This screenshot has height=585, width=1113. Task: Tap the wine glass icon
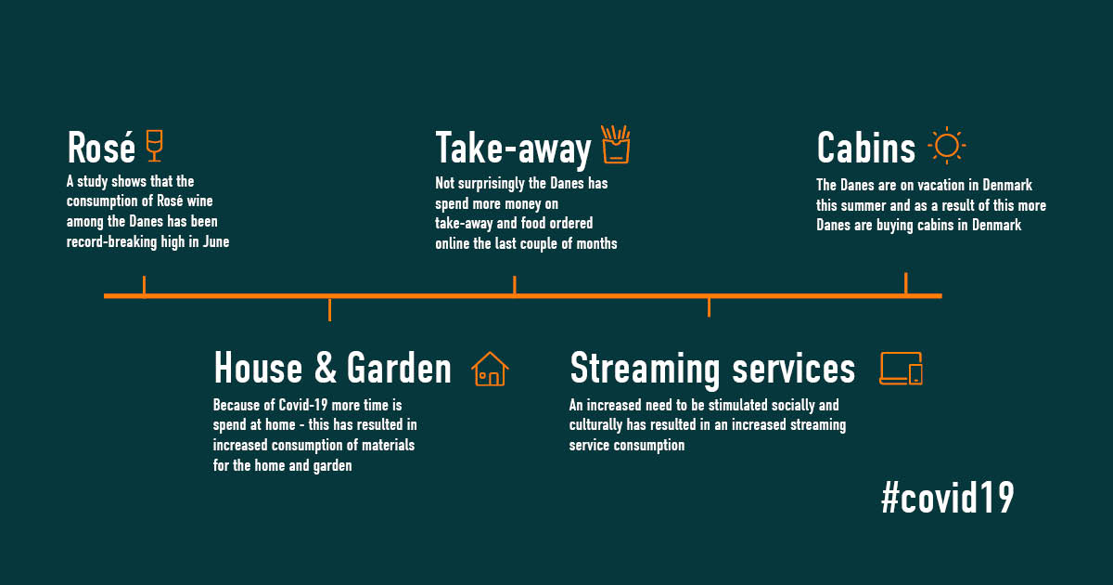point(154,146)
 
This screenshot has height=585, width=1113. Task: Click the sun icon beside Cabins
point(946,146)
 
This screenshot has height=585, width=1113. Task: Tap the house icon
point(490,369)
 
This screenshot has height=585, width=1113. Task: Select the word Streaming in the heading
point(645,369)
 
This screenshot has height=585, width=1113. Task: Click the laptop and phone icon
point(901,369)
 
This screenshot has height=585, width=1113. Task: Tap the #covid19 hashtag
point(947,499)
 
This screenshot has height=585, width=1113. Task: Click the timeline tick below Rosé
point(144,286)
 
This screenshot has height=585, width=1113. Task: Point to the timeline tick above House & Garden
point(329,308)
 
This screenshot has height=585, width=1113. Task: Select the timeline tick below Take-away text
point(514,286)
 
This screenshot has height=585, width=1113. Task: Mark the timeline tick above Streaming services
point(709,306)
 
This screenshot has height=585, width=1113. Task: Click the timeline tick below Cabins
point(905,284)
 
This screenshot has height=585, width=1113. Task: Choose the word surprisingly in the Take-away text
point(497,184)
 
